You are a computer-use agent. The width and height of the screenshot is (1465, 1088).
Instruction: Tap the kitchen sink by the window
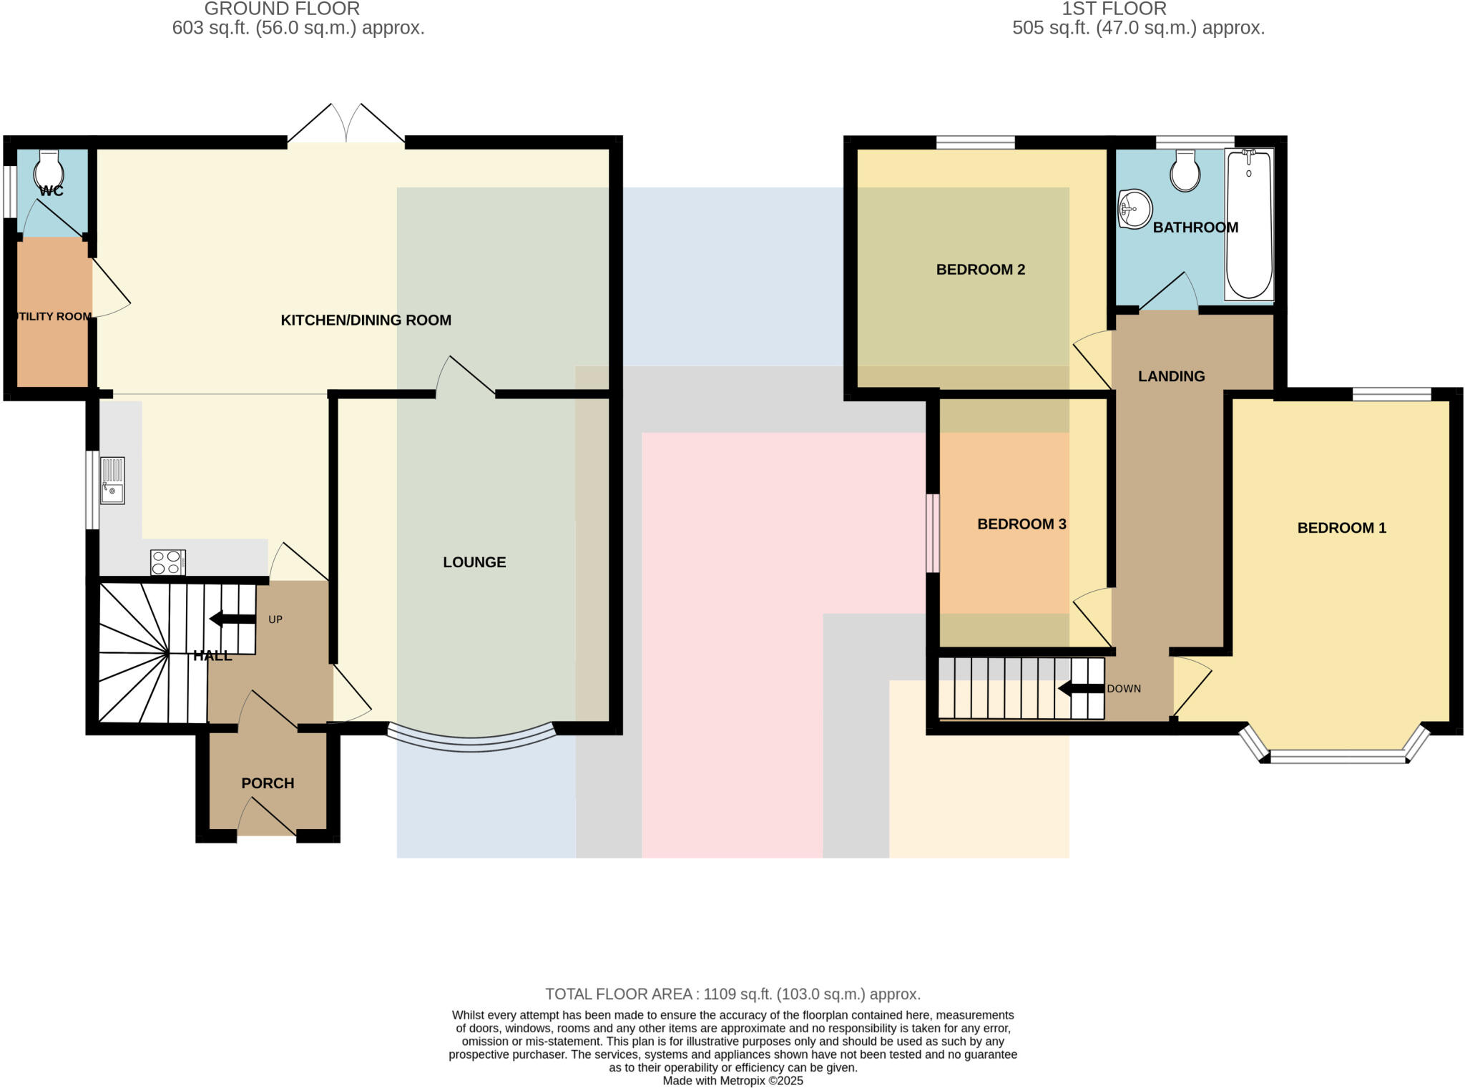(112, 481)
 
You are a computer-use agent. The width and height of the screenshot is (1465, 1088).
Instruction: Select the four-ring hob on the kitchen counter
(168, 562)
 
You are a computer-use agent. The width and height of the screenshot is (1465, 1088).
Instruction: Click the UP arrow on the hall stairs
(232, 619)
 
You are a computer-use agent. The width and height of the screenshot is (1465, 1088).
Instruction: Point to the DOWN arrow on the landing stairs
(1081, 689)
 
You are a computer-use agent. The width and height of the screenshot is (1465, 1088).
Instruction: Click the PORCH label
(268, 783)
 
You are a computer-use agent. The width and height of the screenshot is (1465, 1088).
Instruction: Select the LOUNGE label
(474, 562)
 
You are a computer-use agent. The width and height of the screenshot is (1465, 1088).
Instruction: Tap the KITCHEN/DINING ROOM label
(366, 320)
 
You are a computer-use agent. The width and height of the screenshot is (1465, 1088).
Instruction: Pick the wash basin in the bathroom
(1135, 209)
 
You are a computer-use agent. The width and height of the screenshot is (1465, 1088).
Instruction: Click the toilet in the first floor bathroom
(1185, 172)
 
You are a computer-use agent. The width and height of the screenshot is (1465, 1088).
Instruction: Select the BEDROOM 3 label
(1021, 524)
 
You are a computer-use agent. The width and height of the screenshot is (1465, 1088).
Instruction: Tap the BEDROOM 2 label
(980, 270)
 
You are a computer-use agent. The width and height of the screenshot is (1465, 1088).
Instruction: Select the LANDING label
(1171, 376)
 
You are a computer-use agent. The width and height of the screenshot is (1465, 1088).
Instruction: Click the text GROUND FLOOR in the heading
(282, 9)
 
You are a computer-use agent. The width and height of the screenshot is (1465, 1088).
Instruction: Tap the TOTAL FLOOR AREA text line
(732, 994)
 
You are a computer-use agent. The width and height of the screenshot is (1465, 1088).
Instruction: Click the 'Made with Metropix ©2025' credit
(732, 1081)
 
